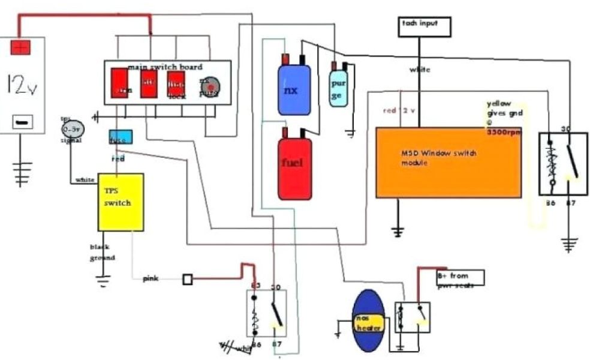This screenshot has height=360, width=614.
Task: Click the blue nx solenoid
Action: click(x=294, y=89)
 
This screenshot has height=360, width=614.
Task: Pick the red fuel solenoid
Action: click(x=294, y=167)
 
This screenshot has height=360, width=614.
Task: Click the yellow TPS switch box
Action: click(x=121, y=202)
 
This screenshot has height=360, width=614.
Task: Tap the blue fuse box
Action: click(x=120, y=137)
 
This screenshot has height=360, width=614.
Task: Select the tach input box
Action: click(x=425, y=26)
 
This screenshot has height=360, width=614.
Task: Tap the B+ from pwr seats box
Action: click(x=460, y=278)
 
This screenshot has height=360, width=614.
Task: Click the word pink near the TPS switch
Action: click(x=151, y=279)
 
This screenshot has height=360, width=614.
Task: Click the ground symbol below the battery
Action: click(x=23, y=171)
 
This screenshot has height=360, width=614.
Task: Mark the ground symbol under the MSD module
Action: click(x=396, y=230)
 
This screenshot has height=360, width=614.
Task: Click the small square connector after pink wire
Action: click(x=188, y=279)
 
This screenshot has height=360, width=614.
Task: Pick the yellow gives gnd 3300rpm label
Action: click(x=502, y=118)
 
